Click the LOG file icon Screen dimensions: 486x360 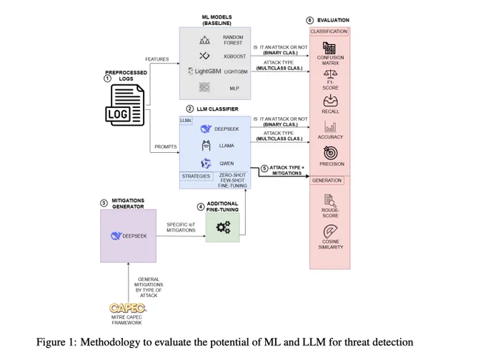[x=125, y=105]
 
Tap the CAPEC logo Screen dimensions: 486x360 [x=127, y=308]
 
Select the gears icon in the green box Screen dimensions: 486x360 [x=223, y=227]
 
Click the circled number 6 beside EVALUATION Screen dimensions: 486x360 [x=309, y=21]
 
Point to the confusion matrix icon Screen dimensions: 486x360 [x=329, y=49]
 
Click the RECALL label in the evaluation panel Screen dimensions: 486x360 [x=330, y=111]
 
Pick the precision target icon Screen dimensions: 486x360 [x=330, y=152]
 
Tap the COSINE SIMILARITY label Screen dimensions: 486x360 [x=330, y=244]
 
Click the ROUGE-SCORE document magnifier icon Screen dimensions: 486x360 [x=330, y=201]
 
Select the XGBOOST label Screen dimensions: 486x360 [x=234, y=56]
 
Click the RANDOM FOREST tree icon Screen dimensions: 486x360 [x=204, y=40]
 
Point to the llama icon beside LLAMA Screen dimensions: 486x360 [x=206, y=145]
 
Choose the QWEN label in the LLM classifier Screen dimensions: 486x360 [x=227, y=164]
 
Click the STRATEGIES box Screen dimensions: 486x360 [x=197, y=176]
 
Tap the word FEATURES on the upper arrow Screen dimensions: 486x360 [x=157, y=59]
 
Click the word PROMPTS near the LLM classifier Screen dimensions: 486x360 [x=166, y=147]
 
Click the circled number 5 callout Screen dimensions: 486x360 [x=264, y=169]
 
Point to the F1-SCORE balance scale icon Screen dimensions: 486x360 [x=330, y=74]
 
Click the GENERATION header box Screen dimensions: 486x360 [x=327, y=180]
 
